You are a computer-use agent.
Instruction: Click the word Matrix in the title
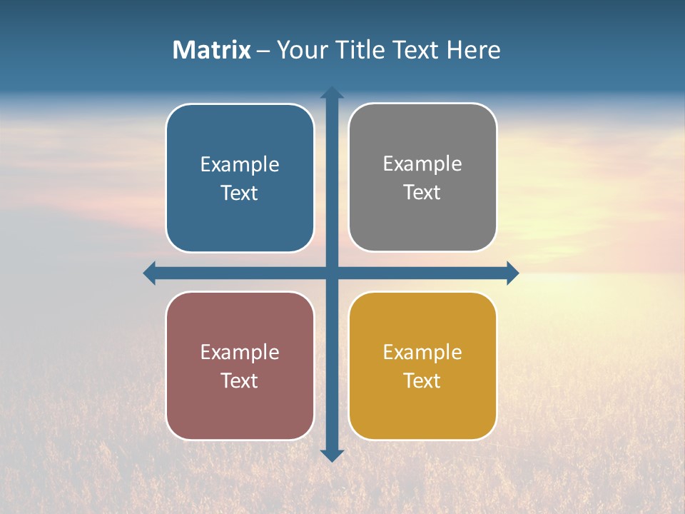pos(211,50)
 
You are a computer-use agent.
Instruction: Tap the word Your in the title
pos(300,50)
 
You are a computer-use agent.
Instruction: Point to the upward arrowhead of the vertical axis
pos(332,93)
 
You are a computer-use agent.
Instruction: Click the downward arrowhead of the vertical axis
pos(332,455)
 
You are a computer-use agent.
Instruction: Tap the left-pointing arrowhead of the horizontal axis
pos(150,273)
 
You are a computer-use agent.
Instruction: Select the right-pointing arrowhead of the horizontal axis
pos(512,273)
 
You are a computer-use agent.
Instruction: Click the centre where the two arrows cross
pos(332,273)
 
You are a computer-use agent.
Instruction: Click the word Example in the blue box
pos(240,165)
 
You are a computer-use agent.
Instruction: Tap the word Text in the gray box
pos(422,193)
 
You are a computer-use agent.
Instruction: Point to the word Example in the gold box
pos(422,352)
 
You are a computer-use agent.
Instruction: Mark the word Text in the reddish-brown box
pos(240,381)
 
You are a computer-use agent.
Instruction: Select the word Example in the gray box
pos(422,164)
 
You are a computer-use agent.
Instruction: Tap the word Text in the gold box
pos(422,381)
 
